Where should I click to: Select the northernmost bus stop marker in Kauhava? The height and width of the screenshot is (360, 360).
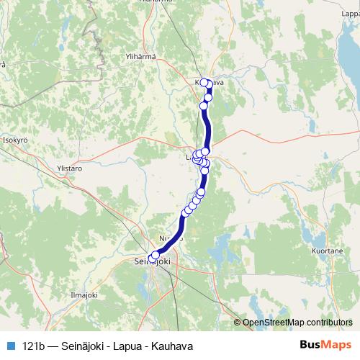(x=204, y=82)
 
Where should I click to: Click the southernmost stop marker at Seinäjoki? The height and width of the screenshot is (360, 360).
(x=152, y=257)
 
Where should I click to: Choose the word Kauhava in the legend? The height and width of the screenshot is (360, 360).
(x=176, y=346)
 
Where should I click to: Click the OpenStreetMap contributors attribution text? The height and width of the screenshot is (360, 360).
(x=296, y=323)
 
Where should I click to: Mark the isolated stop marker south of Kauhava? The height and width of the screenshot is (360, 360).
(x=204, y=106)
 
